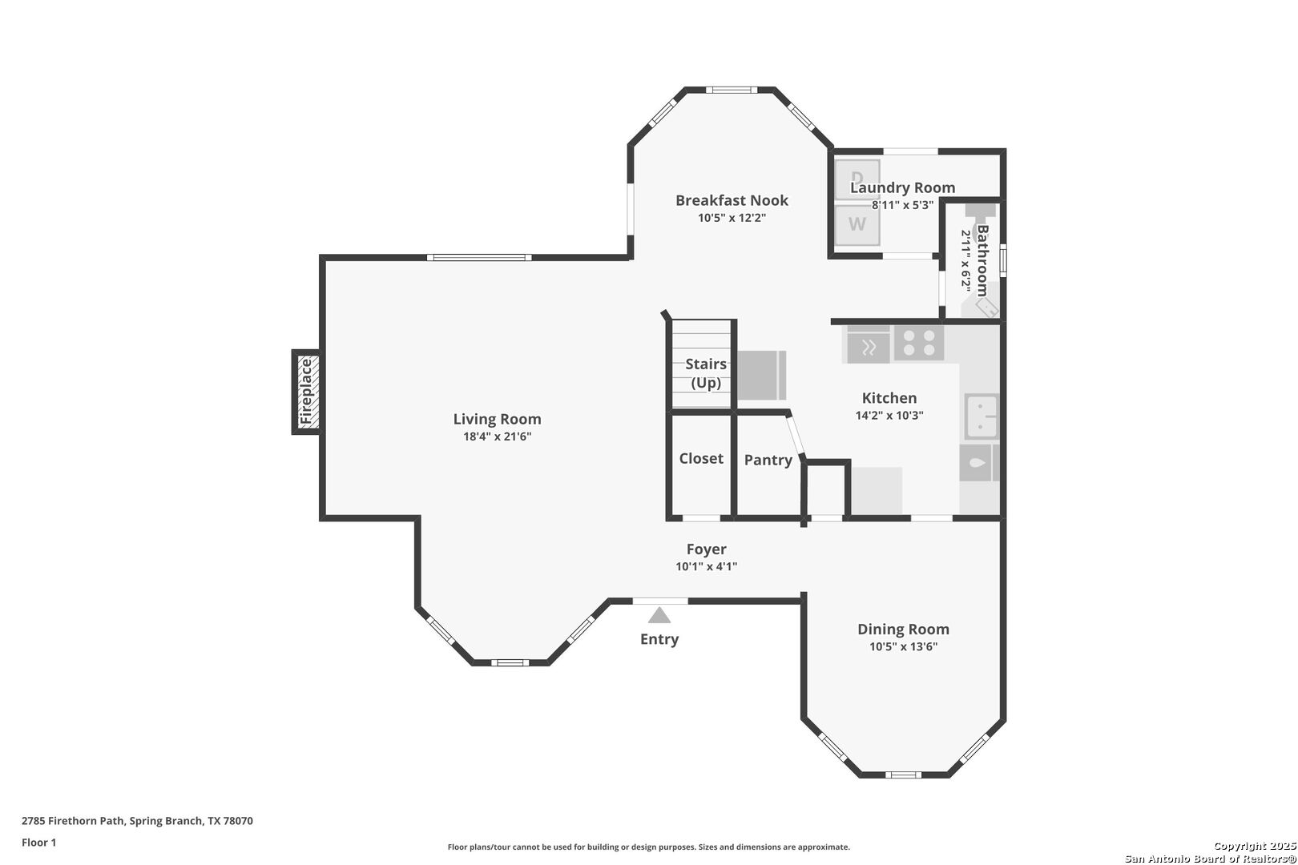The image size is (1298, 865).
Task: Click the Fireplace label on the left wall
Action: (305, 391)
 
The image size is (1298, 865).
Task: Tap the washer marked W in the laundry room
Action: (857, 224)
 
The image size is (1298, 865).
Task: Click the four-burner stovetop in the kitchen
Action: (919, 343)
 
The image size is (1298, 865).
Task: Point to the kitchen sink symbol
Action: (981, 416)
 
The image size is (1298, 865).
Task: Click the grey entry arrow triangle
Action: (659, 615)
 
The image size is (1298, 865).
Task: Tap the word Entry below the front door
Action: (659, 639)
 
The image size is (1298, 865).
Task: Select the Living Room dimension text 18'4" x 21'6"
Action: (498, 437)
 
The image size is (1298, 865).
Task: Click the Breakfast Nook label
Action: (732, 200)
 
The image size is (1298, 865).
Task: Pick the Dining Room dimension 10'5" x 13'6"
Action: (903, 646)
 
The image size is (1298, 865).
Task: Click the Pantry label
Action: (768, 460)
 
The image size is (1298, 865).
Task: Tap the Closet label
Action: (701, 458)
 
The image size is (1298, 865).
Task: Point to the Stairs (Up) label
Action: (706, 373)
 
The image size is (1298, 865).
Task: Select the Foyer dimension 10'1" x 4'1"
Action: (707, 566)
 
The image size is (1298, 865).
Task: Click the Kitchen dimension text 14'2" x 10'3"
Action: (889, 416)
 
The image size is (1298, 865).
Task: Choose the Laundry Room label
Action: (903, 187)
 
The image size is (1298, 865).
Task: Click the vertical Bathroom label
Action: (983, 261)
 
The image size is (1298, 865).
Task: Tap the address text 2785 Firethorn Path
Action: (72, 821)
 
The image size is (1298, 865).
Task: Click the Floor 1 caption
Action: (38, 843)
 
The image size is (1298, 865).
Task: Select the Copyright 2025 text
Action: (1255, 846)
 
